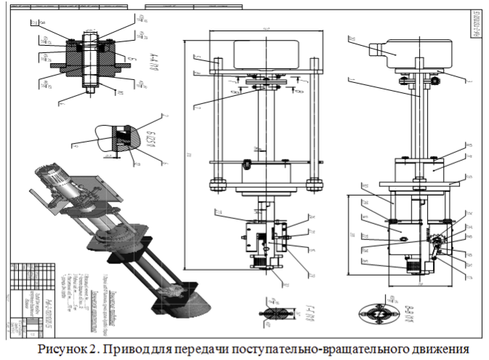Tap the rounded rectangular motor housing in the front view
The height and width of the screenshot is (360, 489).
click(x=263, y=56)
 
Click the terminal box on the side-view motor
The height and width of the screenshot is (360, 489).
click(x=380, y=52)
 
